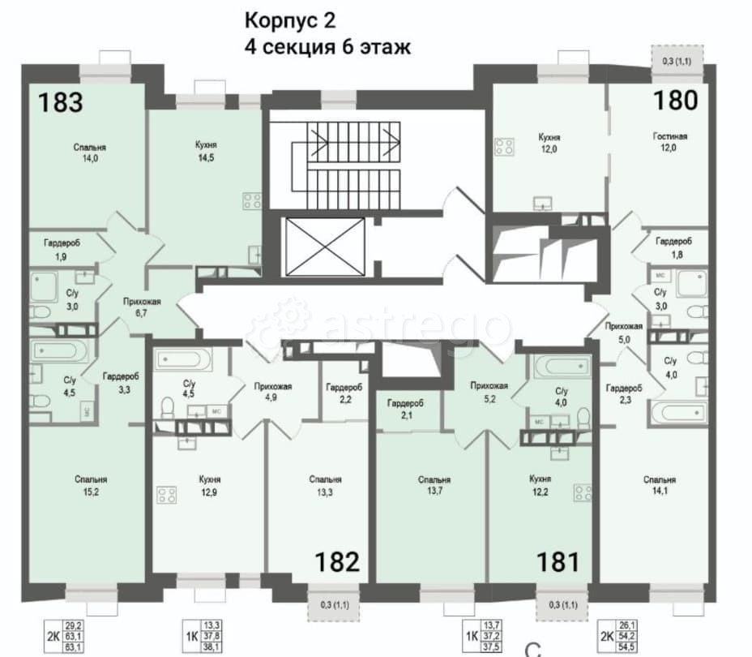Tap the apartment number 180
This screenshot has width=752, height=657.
675,100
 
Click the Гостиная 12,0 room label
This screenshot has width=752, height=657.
670,142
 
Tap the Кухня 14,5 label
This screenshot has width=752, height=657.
205,150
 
